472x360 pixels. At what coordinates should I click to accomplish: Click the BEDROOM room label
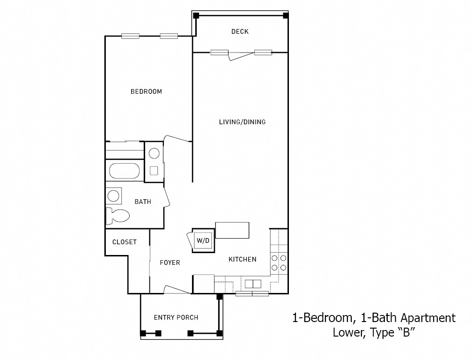coord(146,91)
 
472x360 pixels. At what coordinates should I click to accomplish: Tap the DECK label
coord(240,32)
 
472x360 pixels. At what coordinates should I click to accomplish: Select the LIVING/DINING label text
coord(242,122)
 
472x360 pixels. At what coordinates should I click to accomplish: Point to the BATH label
coord(143,202)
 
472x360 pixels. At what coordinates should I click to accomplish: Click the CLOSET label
coord(125,242)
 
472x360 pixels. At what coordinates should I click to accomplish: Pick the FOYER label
coord(170,262)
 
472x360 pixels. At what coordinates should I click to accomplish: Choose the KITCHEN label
coord(242,259)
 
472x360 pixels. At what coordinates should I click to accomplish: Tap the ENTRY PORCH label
coord(176,317)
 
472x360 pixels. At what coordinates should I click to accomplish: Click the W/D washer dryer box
coord(203,240)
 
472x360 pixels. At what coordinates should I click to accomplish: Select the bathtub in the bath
coord(125,171)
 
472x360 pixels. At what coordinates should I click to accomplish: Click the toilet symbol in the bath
coord(118,216)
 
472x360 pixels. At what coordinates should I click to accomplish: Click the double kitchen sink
coord(253,284)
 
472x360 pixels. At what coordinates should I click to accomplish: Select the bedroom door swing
coord(177,138)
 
